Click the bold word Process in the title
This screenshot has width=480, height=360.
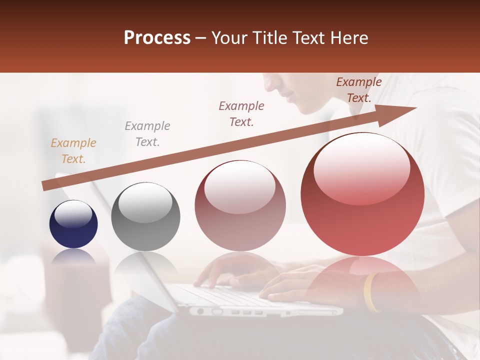tap(157, 38)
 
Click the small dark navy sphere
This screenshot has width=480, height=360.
tap(73, 224)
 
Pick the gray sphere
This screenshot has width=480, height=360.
tap(145, 216)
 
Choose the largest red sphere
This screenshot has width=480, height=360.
tap(362, 194)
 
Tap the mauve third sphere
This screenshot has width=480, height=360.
tap(240, 205)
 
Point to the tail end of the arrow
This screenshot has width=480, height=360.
tap(44, 186)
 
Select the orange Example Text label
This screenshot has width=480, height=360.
tap(73, 151)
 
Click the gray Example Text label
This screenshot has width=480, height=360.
tap(147, 134)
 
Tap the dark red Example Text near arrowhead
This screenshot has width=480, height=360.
tap(358, 90)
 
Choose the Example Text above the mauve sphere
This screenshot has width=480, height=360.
tap(241, 114)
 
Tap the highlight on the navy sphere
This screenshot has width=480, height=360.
tap(73, 214)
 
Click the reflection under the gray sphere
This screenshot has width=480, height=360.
tap(145, 265)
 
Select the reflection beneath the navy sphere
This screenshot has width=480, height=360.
tap(73, 256)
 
